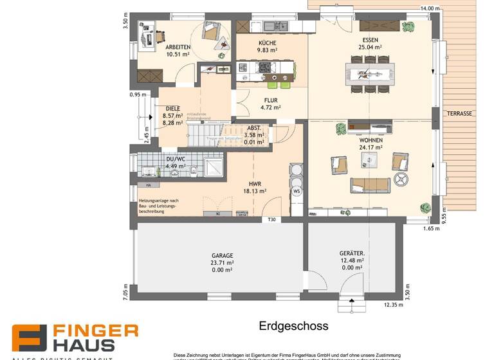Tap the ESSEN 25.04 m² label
tap(370, 43)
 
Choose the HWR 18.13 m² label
tap(255, 187)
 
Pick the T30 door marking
tap(271, 220)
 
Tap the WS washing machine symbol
tap(297, 191)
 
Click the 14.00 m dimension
tap(430, 8)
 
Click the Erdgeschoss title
tap(293, 326)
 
